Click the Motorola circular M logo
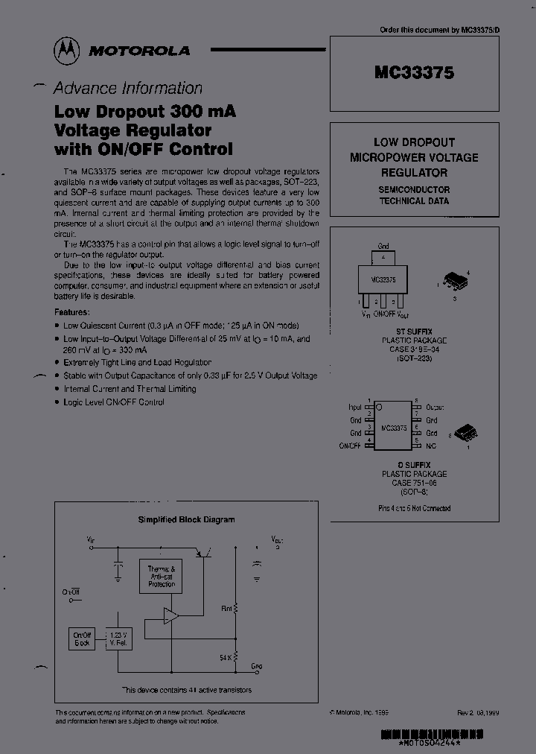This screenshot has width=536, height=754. [x=68, y=50]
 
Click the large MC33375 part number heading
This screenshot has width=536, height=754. [x=414, y=73]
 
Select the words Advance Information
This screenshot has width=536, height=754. [x=127, y=88]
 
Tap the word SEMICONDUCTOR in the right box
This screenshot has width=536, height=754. [x=414, y=189]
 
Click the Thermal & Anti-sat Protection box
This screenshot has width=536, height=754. [x=161, y=577]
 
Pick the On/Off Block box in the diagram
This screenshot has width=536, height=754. [x=81, y=639]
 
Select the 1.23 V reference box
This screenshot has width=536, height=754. [x=120, y=639]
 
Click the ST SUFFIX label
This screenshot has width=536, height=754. [x=414, y=331]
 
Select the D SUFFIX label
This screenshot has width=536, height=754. [x=414, y=464]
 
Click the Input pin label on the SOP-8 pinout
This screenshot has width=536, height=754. [x=354, y=408]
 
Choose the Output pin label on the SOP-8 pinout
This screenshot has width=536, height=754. [x=435, y=408]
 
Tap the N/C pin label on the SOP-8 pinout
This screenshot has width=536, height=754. [x=430, y=446]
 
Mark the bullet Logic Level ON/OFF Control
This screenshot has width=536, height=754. [x=113, y=402]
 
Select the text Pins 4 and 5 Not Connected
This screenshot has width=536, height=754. [x=414, y=508]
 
